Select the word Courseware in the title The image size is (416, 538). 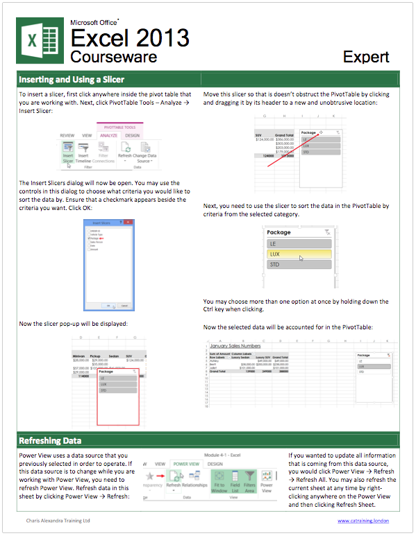[113, 56]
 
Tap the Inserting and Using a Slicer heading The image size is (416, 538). [72, 79]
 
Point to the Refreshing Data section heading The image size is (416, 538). [50, 440]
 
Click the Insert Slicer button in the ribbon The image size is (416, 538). [68, 153]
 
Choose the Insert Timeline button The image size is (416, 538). [83, 153]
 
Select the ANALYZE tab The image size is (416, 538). [108, 136]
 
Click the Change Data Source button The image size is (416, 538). [144, 153]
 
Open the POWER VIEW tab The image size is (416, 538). [185, 464]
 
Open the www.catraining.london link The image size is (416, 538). [363, 520]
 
